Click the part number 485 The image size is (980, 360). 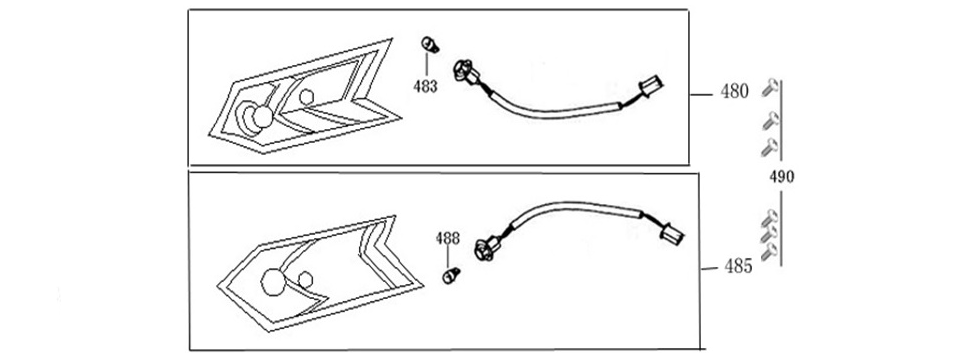pos(738,267)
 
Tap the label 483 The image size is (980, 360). pos(425,86)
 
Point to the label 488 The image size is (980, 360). pos(447,239)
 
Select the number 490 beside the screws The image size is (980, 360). pos(781,177)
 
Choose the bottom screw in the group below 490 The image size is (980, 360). pos(768,254)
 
